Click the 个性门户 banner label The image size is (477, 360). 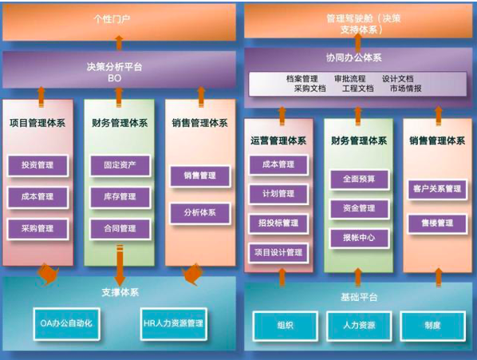click(x=112, y=19)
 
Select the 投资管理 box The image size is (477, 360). click(x=37, y=165)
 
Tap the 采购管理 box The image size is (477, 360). click(x=37, y=229)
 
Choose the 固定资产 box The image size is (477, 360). click(x=120, y=165)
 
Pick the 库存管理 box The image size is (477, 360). click(x=120, y=197)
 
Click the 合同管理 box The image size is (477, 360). click(x=120, y=229)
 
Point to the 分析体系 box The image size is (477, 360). click(x=200, y=213)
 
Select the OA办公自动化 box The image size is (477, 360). click(x=67, y=324)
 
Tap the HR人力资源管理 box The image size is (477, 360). click(x=173, y=324)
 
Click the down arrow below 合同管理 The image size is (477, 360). click(x=120, y=265)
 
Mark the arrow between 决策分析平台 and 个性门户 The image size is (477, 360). click(x=120, y=43)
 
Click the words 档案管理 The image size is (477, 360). click(x=302, y=79)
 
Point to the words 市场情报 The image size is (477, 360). click(x=406, y=89)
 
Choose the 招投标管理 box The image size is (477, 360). click(x=278, y=224)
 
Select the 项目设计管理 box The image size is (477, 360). click(x=278, y=252)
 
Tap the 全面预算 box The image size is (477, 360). click(x=359, y=180)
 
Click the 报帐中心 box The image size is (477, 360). click(x=359, y=238)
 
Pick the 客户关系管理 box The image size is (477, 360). click(x=437, y=189)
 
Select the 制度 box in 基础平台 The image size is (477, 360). click(x=432, y=326)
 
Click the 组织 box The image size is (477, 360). click(x=286, y=326)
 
